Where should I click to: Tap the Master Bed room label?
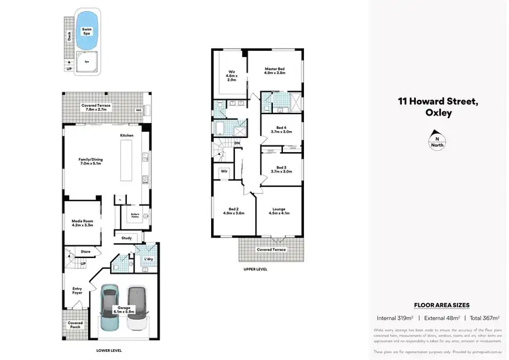(276, 71)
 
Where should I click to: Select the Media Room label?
(81, 223)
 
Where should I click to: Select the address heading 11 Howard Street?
(438, 103)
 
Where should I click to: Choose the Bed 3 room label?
(281, 170)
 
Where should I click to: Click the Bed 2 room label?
(233, 211)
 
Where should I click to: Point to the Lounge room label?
(278, 211)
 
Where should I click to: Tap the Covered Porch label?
(75, 325)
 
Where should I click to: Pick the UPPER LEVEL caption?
(256, 269)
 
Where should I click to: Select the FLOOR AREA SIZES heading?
(441, 306)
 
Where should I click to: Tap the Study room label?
(127, 238)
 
